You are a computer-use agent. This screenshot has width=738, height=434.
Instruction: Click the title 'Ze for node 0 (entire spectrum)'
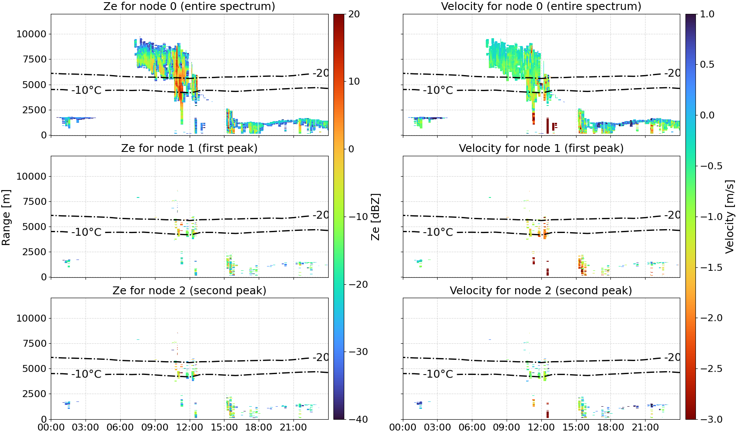pos(189,6)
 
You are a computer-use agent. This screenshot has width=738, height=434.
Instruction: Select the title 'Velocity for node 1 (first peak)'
pos(541,148)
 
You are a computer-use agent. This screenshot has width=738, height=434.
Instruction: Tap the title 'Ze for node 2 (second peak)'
pos(189,290)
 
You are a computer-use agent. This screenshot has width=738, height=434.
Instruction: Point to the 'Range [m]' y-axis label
pos(6,217)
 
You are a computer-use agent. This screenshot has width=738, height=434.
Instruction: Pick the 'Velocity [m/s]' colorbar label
pos(729,217)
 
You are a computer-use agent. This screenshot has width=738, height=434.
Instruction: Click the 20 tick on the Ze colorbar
pos(354,14)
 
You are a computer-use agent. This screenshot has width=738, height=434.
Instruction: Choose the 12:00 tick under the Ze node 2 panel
pos(189,427)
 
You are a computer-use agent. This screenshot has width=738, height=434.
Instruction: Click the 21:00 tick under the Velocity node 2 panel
pos(645,427)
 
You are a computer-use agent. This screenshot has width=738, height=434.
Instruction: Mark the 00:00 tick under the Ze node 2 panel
pos(51,427)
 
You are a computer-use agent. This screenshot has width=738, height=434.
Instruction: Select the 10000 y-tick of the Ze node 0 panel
pos(31,34)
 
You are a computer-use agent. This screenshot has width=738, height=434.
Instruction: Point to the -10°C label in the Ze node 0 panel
pos(86,90)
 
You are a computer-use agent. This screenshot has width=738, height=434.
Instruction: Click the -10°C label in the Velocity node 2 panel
pos(438,374)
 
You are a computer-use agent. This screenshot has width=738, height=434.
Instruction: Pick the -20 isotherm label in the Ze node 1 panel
pos(320,215)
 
